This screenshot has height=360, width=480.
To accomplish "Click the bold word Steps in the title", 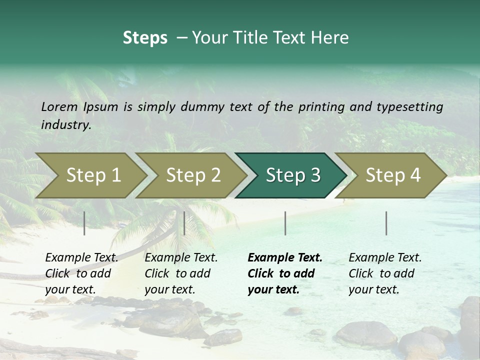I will click(145, 38).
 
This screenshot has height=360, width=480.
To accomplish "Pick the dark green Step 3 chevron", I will click(293, 175).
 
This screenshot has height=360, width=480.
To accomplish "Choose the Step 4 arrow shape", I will click(393, 175).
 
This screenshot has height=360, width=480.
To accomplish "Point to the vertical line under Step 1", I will click(84, 223).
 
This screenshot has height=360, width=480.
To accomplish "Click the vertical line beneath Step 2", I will click(184, 223).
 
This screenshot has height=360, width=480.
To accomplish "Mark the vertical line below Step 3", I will click(285, 223).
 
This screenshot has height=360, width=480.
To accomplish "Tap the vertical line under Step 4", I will click(386, 223).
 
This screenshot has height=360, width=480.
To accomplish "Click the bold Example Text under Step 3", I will click(285, 258).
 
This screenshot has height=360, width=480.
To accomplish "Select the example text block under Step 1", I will click(81, 273).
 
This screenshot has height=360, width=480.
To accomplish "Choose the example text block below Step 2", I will click(181, 273).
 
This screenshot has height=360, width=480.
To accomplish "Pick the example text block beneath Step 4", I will click(385, 273).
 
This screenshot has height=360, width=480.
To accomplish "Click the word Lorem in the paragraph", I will click(59, 107).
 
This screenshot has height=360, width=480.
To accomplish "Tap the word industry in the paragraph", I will click(65, 125).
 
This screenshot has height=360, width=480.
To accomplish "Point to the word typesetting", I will click(409, 107).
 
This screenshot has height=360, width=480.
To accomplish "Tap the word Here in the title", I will click(331, 38).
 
